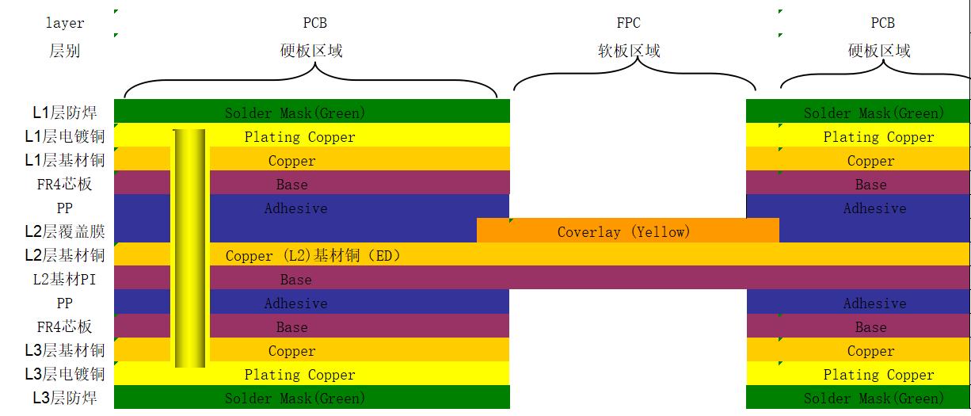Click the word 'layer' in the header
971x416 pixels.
64,24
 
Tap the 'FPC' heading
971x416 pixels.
628,24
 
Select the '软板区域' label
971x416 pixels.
628,52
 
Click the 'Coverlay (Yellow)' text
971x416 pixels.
623,232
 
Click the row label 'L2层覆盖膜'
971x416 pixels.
64,232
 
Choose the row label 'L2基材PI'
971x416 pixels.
64,280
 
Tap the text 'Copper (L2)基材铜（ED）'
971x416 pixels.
313,256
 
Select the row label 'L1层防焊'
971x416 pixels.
64,113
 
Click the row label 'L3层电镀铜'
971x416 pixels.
64,374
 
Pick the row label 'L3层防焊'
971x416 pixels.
64,398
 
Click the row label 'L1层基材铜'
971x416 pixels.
64,161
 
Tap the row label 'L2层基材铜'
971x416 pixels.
64,256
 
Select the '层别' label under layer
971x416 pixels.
64,52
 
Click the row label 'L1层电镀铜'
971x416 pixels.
64,137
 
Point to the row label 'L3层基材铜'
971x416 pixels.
64,350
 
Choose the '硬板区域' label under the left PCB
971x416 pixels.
311,52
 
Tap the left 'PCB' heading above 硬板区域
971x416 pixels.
314,24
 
